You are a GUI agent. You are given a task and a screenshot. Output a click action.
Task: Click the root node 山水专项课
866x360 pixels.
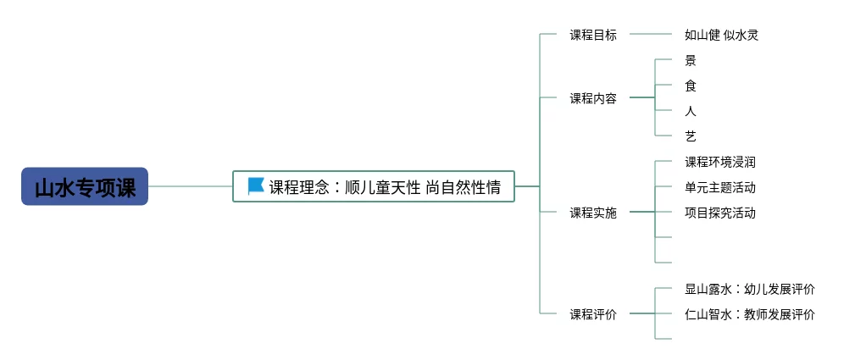(85, 186)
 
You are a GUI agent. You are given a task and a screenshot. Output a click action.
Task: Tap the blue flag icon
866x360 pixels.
(256, 186)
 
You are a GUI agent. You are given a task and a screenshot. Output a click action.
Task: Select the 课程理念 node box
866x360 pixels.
(374, 186)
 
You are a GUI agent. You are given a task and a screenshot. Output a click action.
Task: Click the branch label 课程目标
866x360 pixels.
(593, 36)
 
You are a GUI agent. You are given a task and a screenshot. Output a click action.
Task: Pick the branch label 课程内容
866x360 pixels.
(593, 98)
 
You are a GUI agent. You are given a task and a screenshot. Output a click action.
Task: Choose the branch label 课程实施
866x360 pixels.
(593, 213)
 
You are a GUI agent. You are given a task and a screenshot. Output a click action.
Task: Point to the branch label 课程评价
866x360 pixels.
(593, 314)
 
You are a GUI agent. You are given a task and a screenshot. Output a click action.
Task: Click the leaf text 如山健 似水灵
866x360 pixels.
(721, 36)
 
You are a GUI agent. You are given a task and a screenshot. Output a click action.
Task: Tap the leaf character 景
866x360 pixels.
(691, 61)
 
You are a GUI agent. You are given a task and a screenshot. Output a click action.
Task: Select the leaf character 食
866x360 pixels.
(691, 86)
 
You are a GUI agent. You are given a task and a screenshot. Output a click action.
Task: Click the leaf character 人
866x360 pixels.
(691, 111)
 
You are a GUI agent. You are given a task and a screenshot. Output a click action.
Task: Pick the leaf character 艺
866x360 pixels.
(691, 136)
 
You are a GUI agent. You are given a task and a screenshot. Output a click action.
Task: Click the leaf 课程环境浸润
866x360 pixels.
(720, 162)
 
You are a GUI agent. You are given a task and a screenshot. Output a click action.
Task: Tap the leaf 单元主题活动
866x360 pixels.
(720, 187)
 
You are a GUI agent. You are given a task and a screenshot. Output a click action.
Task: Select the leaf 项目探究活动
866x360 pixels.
(720, 213)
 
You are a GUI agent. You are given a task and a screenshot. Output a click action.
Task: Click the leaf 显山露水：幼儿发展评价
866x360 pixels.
(750, 290)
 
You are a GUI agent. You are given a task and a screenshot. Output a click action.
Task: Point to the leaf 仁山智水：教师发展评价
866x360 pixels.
(750, 314)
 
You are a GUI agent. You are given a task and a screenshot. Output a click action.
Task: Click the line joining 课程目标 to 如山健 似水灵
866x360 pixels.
(651, 35)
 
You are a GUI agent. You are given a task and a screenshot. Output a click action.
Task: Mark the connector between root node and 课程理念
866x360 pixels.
(191, 186)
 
